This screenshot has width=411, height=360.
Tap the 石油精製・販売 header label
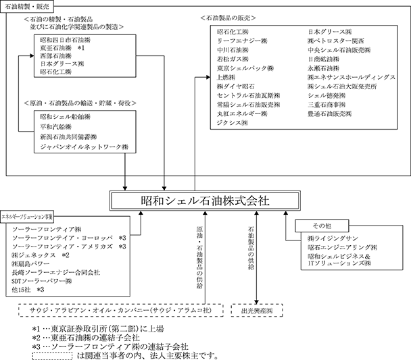click(x=26, y=5)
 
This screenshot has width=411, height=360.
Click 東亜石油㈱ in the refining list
click(x=57, y=49)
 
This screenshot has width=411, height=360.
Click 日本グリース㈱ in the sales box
click(x=329, y=32)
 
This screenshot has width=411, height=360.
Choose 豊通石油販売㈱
click(x=329, y=114)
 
